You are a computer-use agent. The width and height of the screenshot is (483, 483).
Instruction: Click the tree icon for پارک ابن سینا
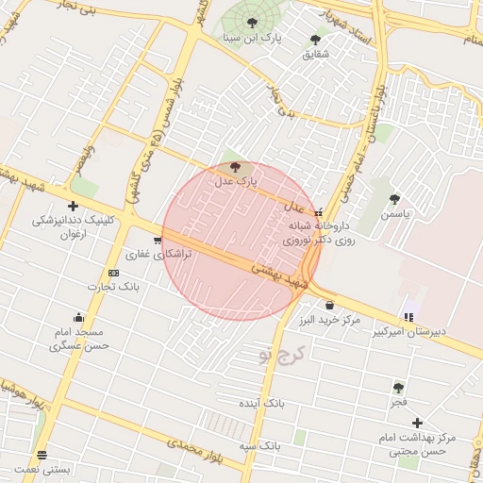(x=251, y=23)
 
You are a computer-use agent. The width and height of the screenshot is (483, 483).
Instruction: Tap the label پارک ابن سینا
(x=252, y=39)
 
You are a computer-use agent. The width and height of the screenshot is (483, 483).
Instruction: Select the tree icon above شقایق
(x=315, y=40)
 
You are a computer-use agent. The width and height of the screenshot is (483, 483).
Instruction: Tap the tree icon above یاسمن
(x=393, y=199)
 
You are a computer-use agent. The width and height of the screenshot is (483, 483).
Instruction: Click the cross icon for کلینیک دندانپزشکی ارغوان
(x=73, y=206)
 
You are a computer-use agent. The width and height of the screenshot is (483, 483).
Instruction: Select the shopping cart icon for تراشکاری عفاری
(x=157, y=241)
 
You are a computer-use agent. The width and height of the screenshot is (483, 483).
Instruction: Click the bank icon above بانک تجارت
(x=114, y=273)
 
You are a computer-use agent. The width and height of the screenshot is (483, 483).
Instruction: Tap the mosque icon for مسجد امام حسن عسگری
(x=77, y=317)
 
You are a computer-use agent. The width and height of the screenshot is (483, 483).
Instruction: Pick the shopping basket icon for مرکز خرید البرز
(x=328, y=306)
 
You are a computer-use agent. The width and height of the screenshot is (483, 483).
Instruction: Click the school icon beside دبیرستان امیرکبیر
(x=408, y=318)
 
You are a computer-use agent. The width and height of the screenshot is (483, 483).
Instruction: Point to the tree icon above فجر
(x=399, y=387)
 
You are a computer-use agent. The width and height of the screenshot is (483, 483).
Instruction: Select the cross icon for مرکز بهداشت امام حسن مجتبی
(x=417, y=424)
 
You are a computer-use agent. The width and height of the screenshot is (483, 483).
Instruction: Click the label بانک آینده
(x=261, y=402)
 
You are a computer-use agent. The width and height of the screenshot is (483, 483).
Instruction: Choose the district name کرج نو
(x=282, y=355)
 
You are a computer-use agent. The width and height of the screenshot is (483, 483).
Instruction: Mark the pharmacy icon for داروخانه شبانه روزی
(x=319, y=212)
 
